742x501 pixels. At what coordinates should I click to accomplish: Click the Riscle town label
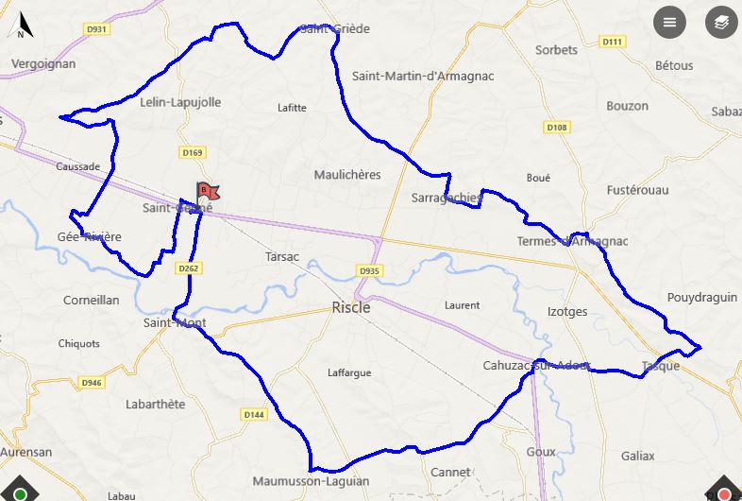(351, 307)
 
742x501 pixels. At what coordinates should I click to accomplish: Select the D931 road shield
(97, 29)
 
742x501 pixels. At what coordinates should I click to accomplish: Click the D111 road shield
(614, 42)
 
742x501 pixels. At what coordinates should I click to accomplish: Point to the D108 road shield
(557, 128)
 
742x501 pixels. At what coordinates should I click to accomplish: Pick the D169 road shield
(193, 152)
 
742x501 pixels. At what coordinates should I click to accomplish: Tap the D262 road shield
(189, 268)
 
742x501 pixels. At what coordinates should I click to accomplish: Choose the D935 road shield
(369, 271)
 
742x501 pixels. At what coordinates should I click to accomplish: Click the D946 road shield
(91, 383)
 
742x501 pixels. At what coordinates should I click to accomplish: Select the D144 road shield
(253, 414)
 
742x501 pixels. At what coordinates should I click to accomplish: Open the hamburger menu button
(670, 23)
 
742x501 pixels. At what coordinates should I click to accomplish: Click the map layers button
(721, 23)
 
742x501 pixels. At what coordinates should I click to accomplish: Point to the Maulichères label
(346, 175)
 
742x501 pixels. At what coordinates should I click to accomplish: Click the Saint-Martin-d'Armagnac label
(423, 76)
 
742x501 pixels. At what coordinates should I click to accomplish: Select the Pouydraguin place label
(701, 297)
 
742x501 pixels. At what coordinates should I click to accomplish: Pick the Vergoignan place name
(43, 64)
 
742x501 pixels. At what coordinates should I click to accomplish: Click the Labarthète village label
(156, 404)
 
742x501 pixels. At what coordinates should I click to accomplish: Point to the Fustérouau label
(637, 190)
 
